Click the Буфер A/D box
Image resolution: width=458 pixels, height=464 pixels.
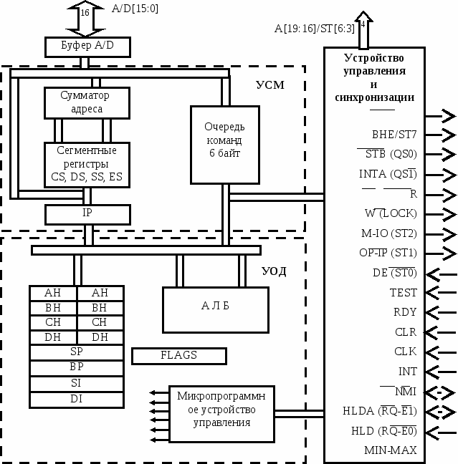87,47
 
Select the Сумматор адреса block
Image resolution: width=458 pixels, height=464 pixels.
87,102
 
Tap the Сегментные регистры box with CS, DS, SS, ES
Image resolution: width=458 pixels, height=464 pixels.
87,165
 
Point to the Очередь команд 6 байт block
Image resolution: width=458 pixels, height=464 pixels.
225,145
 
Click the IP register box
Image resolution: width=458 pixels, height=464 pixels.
87,215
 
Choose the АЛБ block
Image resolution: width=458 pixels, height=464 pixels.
216,310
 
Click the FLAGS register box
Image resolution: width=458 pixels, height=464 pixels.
179,356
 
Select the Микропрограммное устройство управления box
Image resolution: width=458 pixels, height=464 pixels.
221,414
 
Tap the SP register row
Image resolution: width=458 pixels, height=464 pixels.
77,352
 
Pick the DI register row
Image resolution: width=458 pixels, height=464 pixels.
77,400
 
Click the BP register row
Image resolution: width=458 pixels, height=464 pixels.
77,368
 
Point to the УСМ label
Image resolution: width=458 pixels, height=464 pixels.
270,85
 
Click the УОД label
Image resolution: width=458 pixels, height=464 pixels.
274,271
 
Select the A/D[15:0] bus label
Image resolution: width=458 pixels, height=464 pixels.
135,9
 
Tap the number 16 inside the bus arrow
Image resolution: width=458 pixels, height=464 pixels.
85,13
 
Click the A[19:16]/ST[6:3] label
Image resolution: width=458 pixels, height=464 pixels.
315,29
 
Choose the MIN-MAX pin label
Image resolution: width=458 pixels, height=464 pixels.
391,450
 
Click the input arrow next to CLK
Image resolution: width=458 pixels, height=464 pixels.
441,352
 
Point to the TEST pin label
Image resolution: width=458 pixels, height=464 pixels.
404,293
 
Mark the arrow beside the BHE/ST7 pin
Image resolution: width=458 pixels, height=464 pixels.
441,135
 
